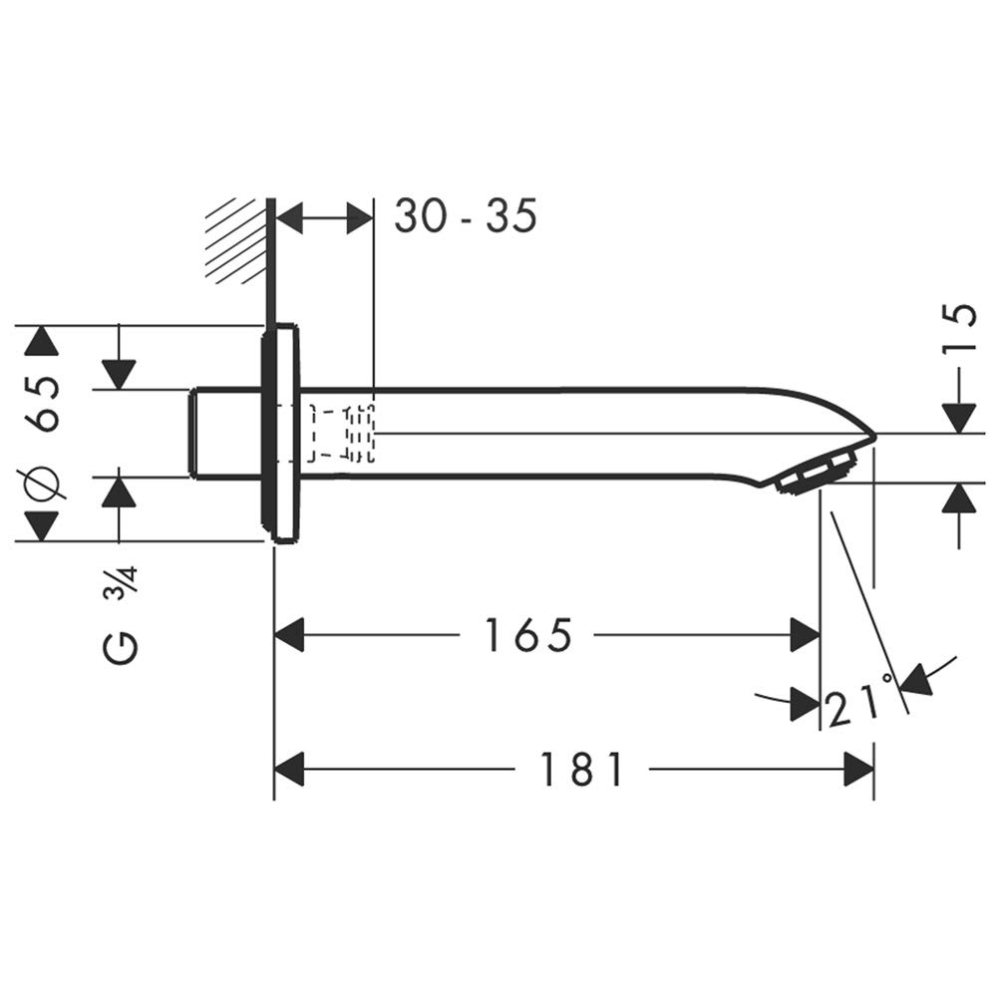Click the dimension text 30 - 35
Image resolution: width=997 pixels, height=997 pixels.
click(466, 215)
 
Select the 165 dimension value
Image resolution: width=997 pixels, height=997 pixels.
click(527, 634)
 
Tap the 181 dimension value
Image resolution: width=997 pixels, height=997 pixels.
click(582, 769)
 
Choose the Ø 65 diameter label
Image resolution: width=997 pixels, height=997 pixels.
click(42, 433)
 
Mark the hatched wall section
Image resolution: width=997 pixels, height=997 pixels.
click(236, 240)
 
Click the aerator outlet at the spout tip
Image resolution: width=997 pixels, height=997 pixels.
click(816, 473)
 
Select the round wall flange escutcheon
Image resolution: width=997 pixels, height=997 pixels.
click(279, 433)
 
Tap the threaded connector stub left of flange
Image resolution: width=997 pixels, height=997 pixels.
click(225, 433)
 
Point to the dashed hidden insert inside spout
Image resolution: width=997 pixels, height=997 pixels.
click(341, 433)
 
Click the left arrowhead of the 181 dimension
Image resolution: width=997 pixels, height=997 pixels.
click(289, 769)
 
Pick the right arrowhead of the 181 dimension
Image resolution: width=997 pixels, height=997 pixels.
click(858, 769)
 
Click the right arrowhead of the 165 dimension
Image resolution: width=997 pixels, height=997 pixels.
click(805, 634)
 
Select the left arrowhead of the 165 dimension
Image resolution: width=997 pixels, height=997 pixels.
click(289, 634)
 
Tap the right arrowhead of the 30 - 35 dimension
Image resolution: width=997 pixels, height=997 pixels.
click(360, 218)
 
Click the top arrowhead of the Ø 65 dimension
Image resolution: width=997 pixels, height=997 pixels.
click(41, 341)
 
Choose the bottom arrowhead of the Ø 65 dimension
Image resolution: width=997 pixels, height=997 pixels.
click(41, 525)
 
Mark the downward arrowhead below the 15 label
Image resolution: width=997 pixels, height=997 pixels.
click(959, 419)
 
